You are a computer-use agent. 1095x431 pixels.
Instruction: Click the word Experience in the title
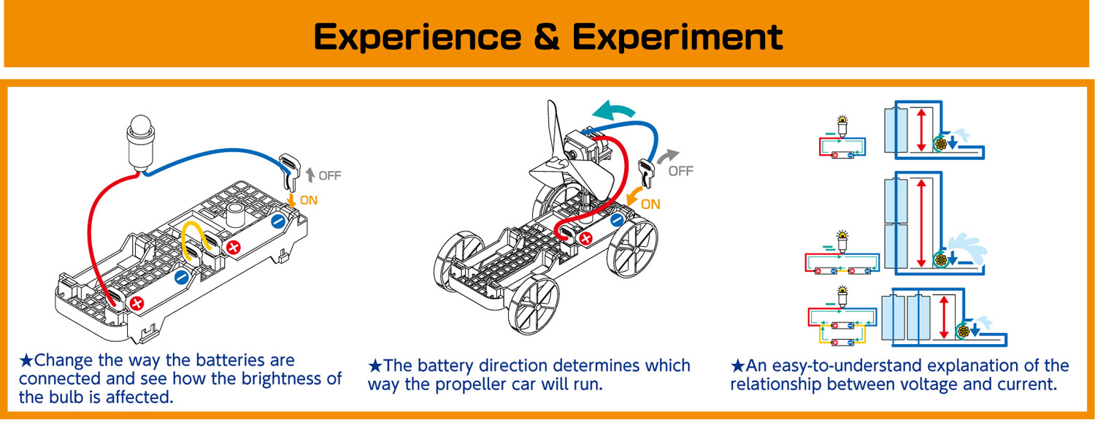416,37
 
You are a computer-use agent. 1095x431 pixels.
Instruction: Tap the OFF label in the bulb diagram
329,175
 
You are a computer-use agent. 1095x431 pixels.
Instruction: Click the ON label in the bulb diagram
309,199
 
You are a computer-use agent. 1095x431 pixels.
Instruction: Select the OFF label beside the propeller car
680,171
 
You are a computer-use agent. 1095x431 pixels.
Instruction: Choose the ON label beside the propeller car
650,205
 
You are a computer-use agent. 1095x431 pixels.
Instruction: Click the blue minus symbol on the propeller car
617,219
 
